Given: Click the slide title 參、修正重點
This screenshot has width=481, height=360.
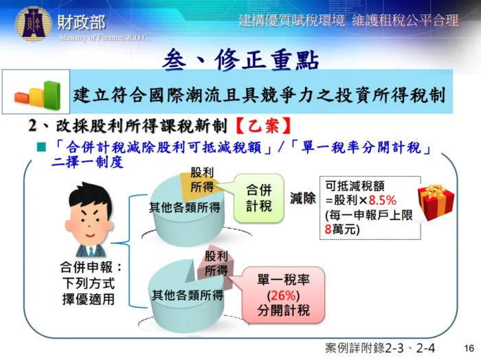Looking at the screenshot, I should [240, 60].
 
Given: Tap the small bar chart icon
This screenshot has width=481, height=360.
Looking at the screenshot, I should [37, 92].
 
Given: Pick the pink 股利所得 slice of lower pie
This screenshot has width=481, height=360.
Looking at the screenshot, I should [215, 264].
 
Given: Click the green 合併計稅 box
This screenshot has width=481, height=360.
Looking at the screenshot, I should [258, 198].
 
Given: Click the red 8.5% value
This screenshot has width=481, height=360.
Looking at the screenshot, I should [382, 201].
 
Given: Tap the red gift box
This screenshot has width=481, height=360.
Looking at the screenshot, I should [436, 202].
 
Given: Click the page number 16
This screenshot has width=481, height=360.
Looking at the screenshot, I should [469, 348].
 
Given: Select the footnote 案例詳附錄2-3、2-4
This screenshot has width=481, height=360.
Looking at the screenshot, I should [380, 348].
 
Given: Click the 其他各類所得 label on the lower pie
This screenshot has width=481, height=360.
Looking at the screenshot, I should [187, 296].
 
